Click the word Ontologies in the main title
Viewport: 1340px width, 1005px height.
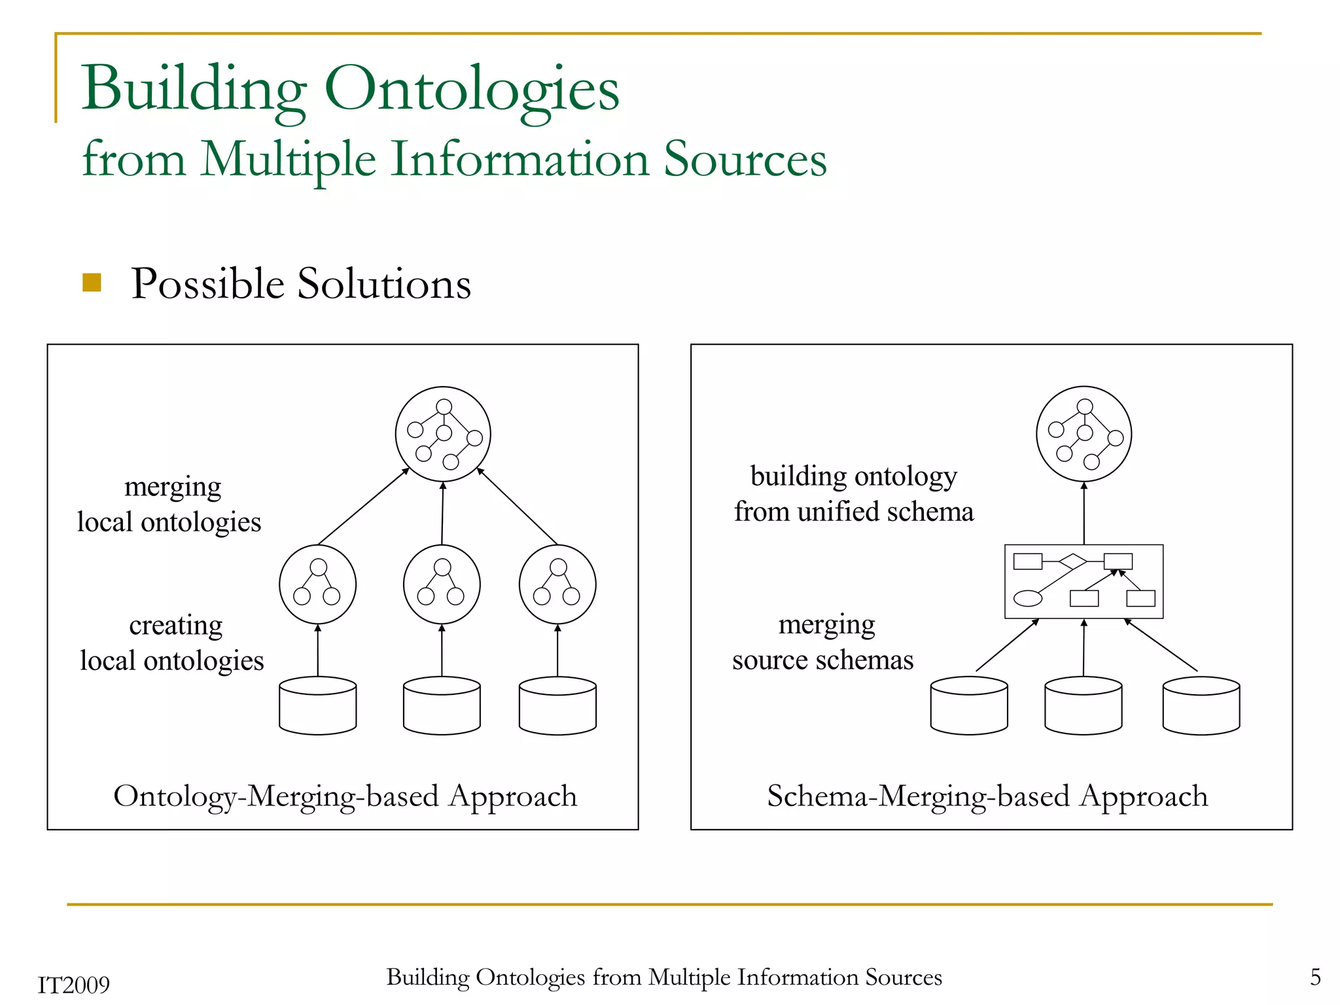tap(471, 90)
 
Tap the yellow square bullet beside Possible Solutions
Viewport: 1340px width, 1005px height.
tap(92, 283)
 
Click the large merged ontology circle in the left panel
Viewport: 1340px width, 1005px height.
tap(443, 434)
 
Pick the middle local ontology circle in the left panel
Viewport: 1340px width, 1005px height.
tap(442, 584)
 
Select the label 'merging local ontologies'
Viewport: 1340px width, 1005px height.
tap(169, 504)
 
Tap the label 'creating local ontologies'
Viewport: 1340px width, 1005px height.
tap(172, 643)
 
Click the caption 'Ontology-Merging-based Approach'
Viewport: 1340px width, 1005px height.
tap(345, 796)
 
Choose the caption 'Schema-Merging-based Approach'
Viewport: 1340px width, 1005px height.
tap(987, 796)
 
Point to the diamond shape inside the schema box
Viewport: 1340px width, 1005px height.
tap(1072, 561)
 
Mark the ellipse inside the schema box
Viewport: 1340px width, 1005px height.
tap(1027, 598)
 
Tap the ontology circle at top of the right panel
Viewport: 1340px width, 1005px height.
tap(1084, 434)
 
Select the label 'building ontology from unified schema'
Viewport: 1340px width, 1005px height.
tap(854, 494)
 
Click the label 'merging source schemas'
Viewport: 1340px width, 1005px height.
tap(823, 642)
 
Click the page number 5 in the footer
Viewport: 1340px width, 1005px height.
tap(1315, 977)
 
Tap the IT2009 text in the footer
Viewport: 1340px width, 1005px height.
tap(74, 985)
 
